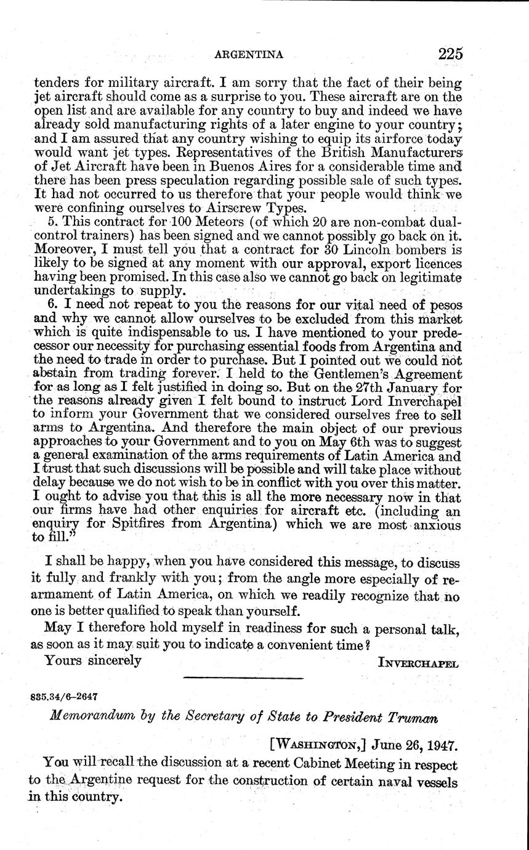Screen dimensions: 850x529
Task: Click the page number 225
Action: click(450, 54)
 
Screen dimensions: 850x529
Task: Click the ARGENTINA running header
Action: click(248, 55)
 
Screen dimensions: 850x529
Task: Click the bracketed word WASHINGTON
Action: click(316, 745)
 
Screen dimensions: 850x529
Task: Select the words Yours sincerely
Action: click(94, 660)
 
